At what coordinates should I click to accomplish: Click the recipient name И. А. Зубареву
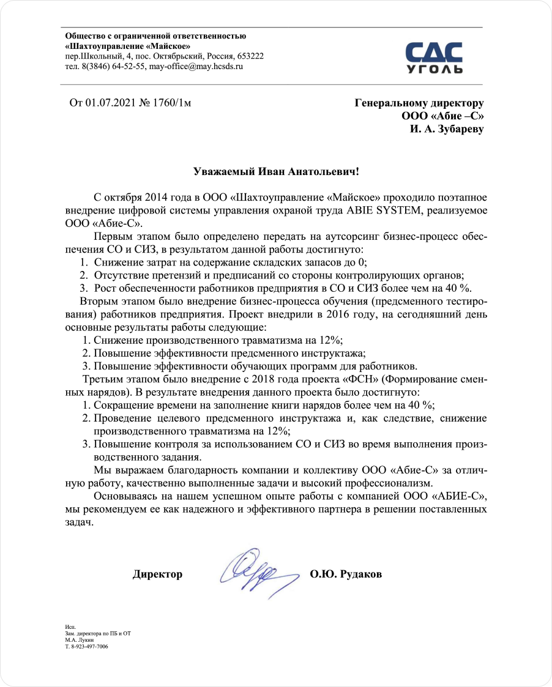coord(447,130)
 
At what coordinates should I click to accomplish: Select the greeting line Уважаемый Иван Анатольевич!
coord(276,172)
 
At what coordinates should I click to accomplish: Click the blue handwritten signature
coord(252,571)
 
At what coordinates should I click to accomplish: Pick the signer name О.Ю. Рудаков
coord(346,574)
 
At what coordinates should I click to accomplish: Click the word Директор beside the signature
coord(157,574)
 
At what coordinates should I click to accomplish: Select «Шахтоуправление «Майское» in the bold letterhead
coord(127,46)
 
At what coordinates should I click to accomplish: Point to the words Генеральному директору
coord(419,103)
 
